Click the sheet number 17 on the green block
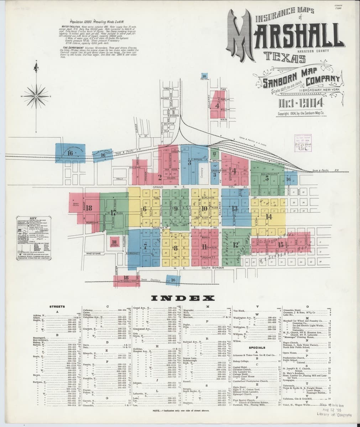tap(114, 213)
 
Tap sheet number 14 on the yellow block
tap(269, 216)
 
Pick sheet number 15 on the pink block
tap(281, 245)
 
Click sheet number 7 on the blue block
tap(145, 246)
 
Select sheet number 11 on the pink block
tap(204, 246)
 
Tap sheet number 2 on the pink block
tap(160, 177)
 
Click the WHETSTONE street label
tap(94, 253)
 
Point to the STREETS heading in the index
tap(57, 306)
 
